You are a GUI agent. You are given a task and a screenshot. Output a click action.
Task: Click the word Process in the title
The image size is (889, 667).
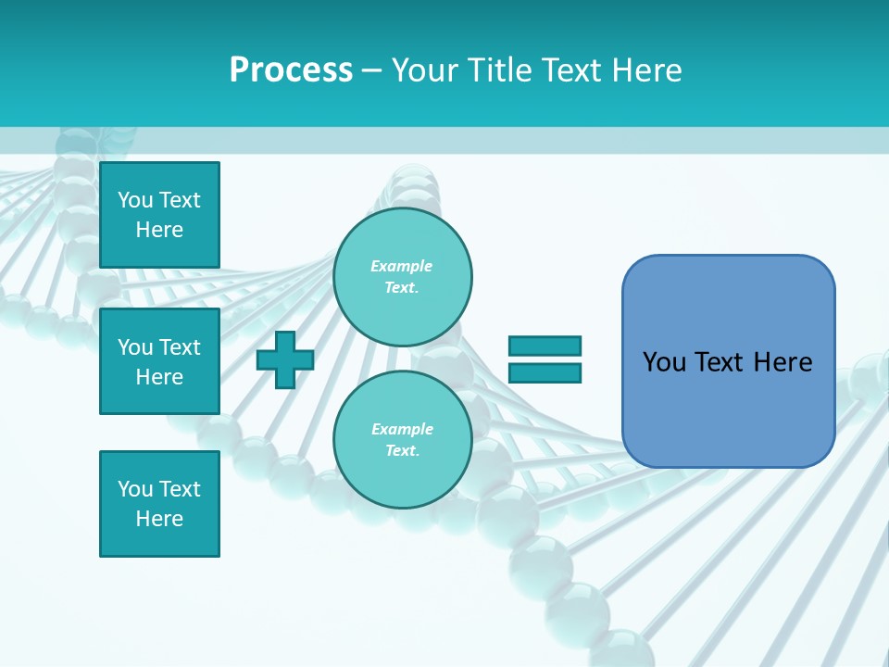(x=291, y=70)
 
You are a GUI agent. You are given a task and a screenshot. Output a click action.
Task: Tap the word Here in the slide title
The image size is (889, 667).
(x=645, y=70)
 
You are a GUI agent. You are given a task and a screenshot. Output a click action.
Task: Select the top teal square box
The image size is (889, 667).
(x=159, y=215)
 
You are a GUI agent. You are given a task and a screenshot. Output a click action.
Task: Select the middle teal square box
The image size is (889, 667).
(x=159, y=361)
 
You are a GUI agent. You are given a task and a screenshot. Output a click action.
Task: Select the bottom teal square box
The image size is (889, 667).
(x=159, y=504)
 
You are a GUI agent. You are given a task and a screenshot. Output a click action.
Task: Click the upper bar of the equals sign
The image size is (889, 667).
(x=545, y=346)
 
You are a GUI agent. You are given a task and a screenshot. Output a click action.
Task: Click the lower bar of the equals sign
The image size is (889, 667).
(x=545, y=373)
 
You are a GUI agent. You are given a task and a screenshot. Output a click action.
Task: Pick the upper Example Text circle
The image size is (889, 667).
(x=402, y=277)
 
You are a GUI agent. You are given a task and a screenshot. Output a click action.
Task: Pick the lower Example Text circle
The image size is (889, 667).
(x=402, y=440)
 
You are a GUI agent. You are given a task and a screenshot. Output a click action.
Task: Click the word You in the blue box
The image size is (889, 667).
(x=664, y=362)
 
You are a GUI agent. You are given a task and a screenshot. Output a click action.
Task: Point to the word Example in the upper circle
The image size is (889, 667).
(x=402, y=266)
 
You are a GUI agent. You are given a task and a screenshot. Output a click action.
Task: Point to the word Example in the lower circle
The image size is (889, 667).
(x=402, y=429)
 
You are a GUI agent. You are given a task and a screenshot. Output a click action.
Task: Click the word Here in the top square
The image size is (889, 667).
(x=159, y=230)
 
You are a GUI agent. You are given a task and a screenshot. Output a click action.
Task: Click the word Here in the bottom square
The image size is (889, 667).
(x=159, y=519)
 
